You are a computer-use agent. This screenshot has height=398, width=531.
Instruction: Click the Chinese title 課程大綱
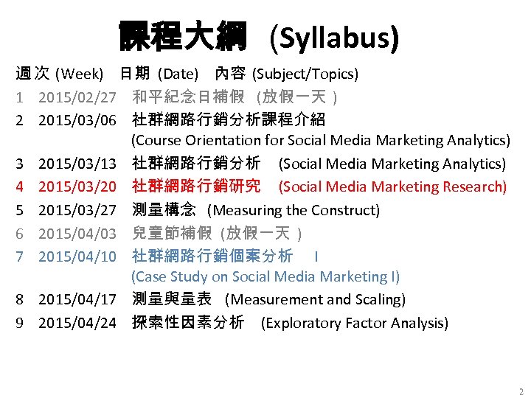click(182, 35)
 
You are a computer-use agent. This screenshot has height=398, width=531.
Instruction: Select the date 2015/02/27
click(77, 97)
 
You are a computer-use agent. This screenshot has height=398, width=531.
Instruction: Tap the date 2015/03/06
click(77, 119)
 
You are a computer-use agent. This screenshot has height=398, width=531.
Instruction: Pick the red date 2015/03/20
click(77, 187)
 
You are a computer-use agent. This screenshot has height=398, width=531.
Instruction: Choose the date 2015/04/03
click(77, 234)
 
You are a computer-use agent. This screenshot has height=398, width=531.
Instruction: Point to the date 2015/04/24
click(77, 323)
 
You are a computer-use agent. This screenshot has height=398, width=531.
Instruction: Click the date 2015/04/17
click(77, 300)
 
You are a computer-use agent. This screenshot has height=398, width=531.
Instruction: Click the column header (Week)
click(83, 74)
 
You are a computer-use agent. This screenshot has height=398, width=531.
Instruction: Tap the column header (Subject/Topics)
click(305, 74)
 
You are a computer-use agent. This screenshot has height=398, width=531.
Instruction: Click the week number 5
click(20, 211)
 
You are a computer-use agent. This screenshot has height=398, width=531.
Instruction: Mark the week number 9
click(20, 323)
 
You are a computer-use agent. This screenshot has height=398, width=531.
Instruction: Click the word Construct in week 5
click(345, 211)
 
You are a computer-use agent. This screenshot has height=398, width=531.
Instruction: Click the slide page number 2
click(521, 391)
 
